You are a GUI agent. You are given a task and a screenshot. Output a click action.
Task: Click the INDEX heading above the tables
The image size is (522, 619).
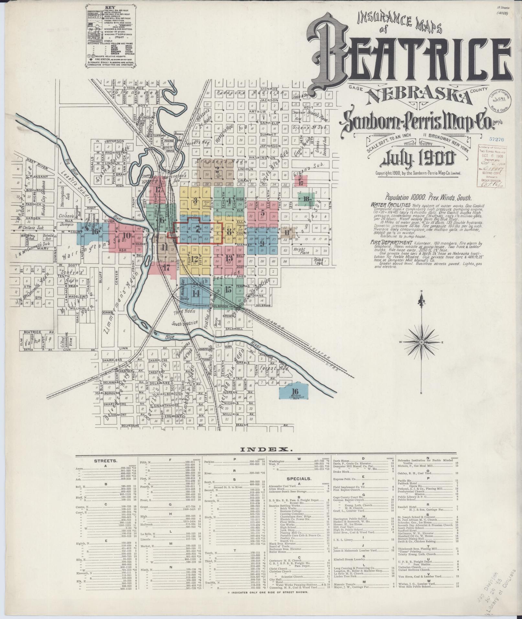(x=266, y=449)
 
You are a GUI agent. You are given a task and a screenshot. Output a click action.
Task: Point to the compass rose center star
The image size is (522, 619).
(x=422, y=342)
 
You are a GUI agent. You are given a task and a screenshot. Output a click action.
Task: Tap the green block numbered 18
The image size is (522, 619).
(x=306, y=199)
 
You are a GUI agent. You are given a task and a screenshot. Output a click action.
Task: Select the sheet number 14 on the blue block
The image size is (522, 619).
(x=195, y=293)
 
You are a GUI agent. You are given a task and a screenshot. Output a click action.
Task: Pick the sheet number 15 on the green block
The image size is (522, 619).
(x=228, y=289)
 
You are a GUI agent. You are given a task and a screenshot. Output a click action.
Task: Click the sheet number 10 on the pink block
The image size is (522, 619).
(x=127, y=236)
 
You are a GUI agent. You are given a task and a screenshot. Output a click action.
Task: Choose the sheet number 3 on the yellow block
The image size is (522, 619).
(x=195, y=200)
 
